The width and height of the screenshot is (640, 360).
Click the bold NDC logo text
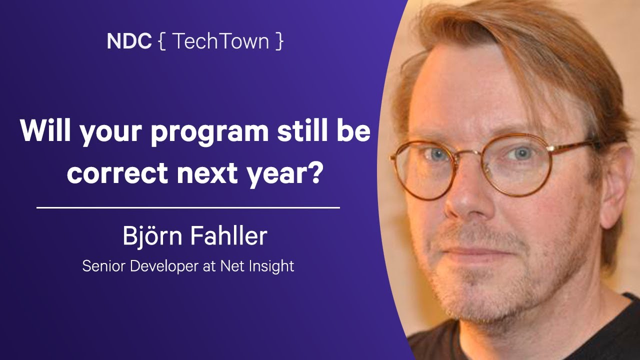[129, 41]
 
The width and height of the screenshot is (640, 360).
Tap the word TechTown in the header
[220, 41]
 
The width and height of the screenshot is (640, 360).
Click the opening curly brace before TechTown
[161, 41]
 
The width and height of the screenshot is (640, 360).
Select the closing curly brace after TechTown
[279, 41]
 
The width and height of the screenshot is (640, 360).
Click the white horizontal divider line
[188, 207]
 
